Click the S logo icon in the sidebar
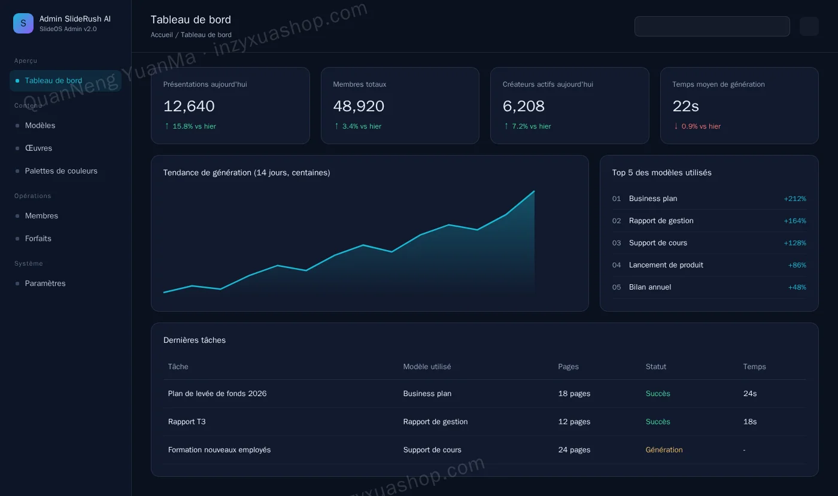pyautogui.click(x=23, y=23)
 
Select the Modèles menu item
pyautogui.click(x=40, y=125)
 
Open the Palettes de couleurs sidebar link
pyautogui.click(x=61, y=171)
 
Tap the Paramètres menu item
pyautogui.click(x=45, y=283)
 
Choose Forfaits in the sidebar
pyautogui.click(x=38, y=238)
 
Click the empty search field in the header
pyautogui.click(x=712, y=26)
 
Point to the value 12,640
pyautogui.click(x=189, y=106)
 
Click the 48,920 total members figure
pyautogui.click(x=359, y=106)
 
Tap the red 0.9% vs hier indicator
pyautogui.click(x=697, y=126)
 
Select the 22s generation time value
pyautogui.click(x=685, y=106)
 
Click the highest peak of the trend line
pyautogui.click(x=534, y=191)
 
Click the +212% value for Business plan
pyautogui.click(x=795, y=199)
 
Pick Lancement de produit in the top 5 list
pyautogui.click(x=666, y=265)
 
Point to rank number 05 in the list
pyautogui.click(x=617, y=287)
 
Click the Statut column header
pyautogui.click(x=656, y=367)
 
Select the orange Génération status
pyautogui.click(x=664, y=449)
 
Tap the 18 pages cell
pyautogui.click(x=574, y=394)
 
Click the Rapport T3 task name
pyautogui.click(x=187, y=422)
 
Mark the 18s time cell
pyautogui.click(x=749, y=422)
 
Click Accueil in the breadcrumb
pyautogui.click(x=162, y=35)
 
